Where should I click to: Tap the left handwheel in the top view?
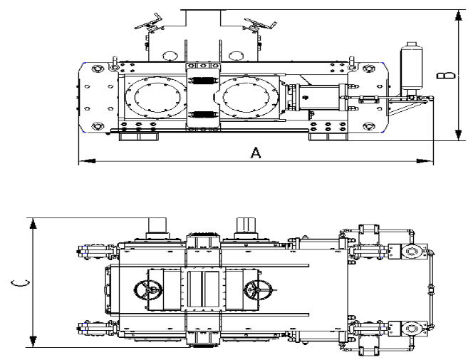point(146,290)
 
